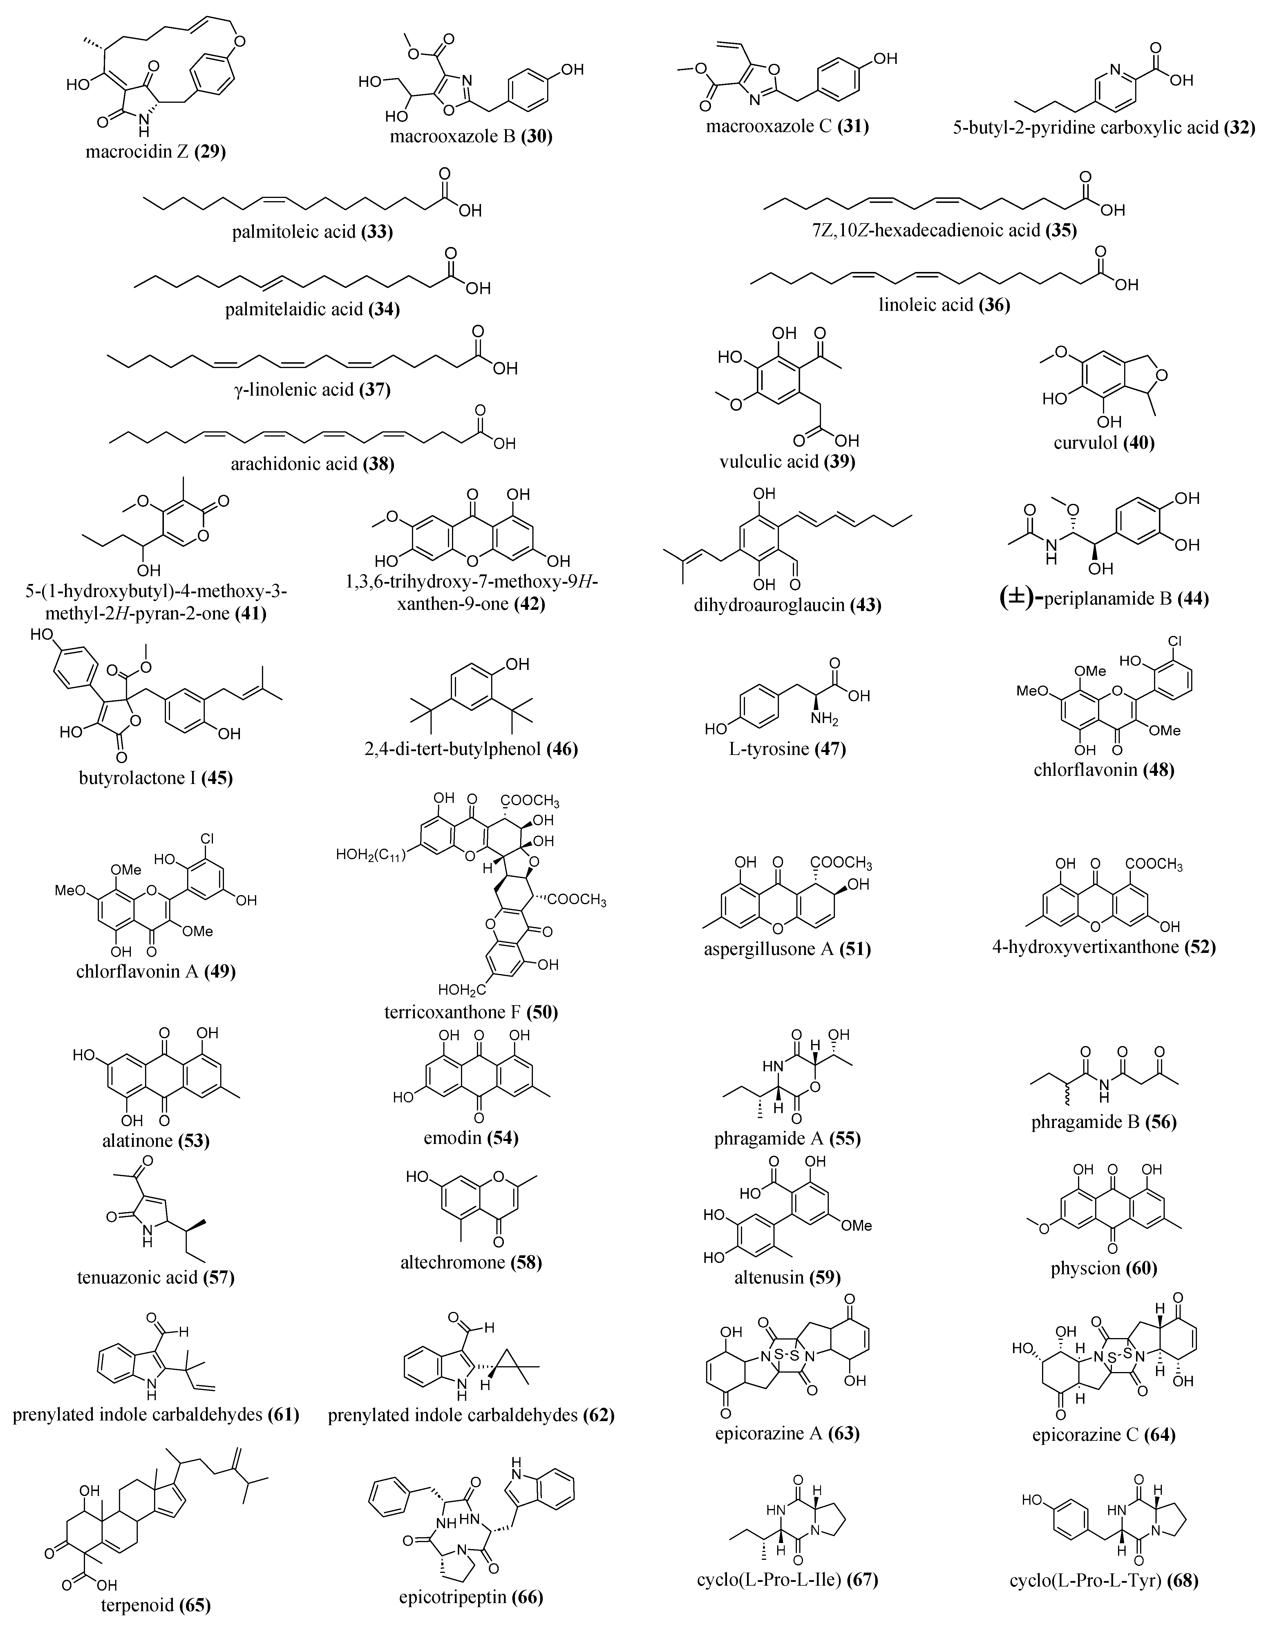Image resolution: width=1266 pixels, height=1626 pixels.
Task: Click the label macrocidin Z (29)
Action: pos(155,153)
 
